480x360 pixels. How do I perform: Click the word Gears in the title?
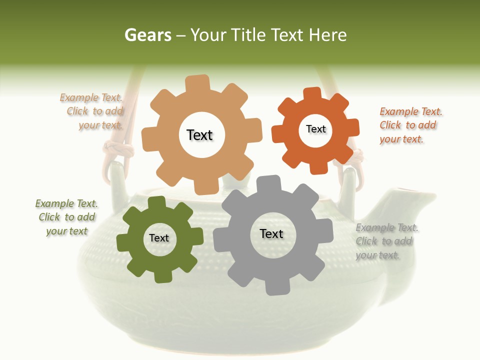(147, 35)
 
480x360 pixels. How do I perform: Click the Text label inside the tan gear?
(199, 135)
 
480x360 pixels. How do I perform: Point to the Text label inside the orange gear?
(315, 129)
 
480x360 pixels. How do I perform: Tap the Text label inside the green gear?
(159, 238)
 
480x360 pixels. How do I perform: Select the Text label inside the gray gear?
(271, 233)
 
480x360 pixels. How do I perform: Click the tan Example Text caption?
(93, 111)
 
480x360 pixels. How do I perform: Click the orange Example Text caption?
(410, 125)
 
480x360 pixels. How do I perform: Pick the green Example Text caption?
(66, 217)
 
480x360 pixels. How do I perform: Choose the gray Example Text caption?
(386, 241)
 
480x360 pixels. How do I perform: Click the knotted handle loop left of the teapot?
(118, 150)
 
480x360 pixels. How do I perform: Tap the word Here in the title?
(327, 35)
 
